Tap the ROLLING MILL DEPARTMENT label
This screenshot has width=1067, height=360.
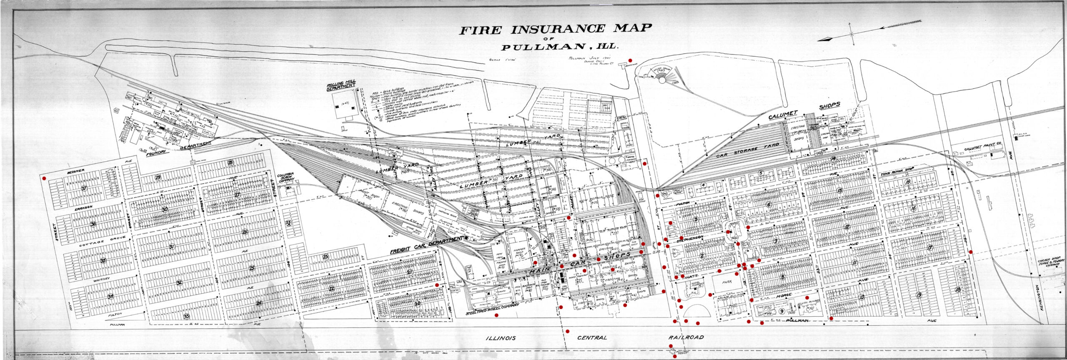click(x=341, y=87)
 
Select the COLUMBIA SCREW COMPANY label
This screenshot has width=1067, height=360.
click(x=287, y=177)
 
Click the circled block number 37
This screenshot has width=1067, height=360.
click(x=85, y=188)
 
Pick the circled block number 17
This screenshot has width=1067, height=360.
click(x=929, y=247)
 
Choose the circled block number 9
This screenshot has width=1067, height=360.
click(x=782, y=311)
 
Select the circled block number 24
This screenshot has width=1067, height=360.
click(x=259, y=303)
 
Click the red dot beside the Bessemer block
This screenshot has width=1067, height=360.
click(x=44, y=178)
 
